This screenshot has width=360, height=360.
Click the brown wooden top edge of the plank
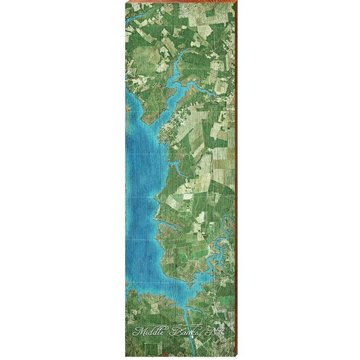180,1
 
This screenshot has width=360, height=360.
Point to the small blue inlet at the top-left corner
135,8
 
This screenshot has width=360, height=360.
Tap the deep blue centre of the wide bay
138,176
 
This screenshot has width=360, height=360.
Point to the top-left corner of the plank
126,2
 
